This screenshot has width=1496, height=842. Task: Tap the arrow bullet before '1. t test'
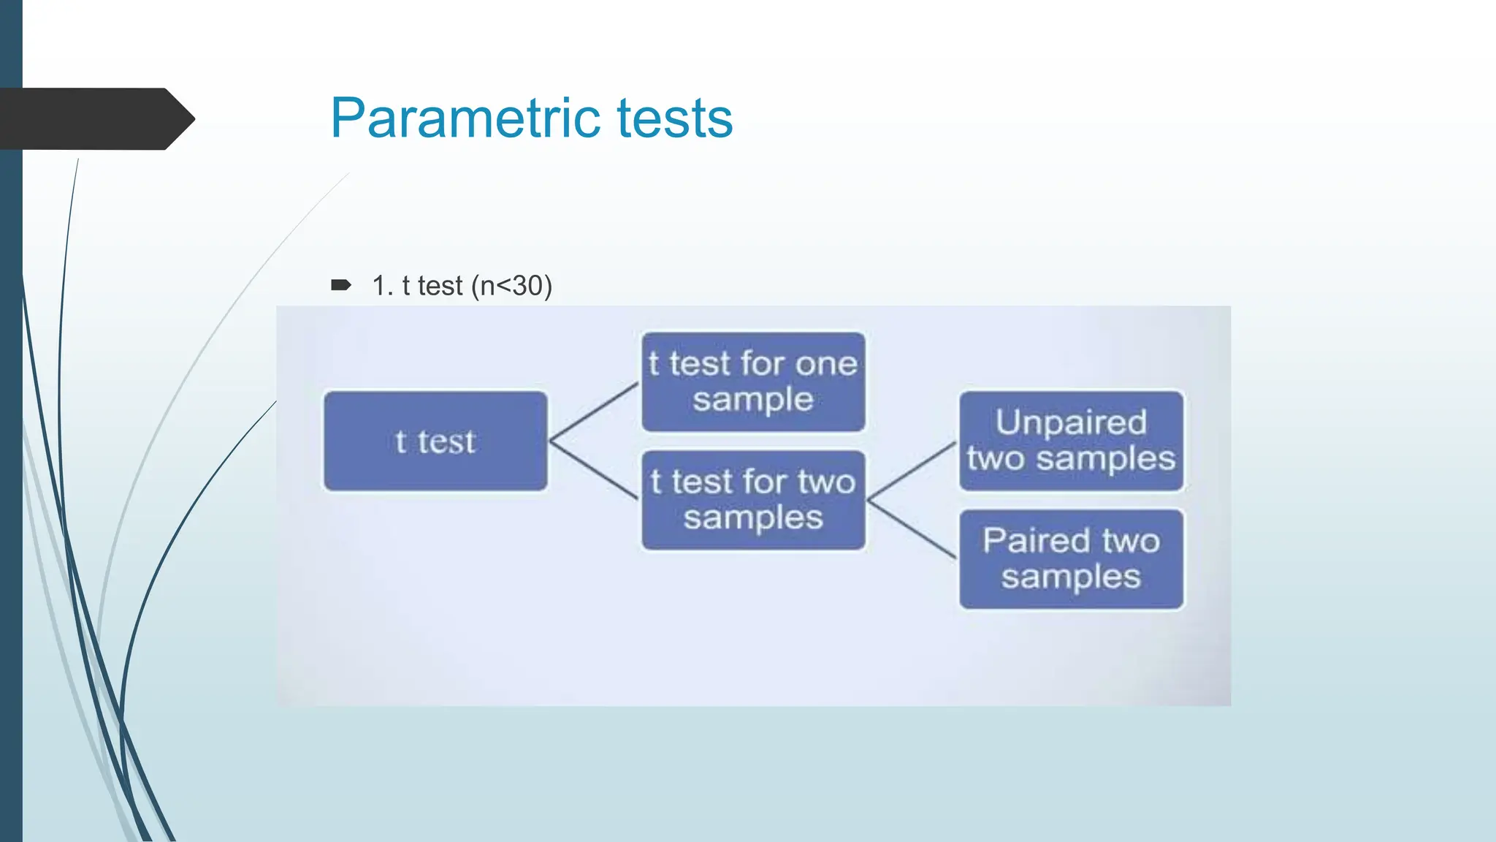coord(341,285)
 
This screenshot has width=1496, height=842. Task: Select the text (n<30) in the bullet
coord(511,286)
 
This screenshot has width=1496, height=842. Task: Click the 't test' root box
coord(435,441)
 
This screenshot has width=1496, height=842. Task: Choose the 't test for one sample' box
coord(753,382)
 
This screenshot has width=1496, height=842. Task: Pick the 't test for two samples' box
coord(753,500)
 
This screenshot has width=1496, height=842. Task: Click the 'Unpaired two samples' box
coord(1071,441)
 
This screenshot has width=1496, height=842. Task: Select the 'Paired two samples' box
coord(1071,559)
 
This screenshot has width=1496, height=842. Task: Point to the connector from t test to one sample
coord(594,411)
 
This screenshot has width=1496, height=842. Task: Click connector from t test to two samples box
coord(594,470)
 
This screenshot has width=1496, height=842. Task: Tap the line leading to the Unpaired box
coord(912,471)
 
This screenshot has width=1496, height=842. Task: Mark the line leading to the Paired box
coord(912,530)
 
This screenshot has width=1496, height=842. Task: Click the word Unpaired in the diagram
coord(1071,422)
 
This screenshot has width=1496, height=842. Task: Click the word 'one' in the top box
coord(826,364)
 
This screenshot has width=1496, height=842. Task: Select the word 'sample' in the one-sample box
coord(753,400)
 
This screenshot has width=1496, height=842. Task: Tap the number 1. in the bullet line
coord(382,286)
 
